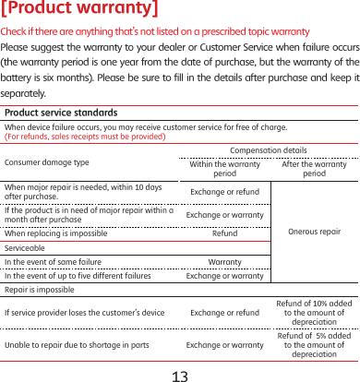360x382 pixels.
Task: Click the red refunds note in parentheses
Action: coord(85,137)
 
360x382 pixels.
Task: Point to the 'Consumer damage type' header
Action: coord(47,161)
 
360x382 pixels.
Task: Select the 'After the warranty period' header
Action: coord(314,168)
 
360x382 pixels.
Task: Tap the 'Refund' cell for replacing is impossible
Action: coord(224,233)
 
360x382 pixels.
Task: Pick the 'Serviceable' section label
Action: coord(25,248)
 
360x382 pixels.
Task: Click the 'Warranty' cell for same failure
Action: coord(224,262)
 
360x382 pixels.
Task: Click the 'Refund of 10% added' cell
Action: coord(314,313)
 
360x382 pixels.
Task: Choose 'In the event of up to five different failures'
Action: coord(78,275)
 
